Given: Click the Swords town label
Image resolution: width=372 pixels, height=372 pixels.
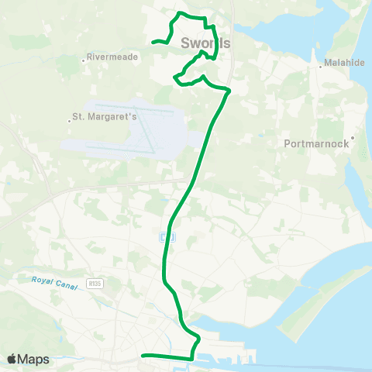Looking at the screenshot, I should point(205,43).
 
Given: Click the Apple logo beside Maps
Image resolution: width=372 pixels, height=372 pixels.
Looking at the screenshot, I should point(12,359).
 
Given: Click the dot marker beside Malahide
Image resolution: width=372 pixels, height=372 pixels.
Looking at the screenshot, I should point(321,66).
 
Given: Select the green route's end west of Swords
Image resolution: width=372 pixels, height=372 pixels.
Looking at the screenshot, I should point(153,42).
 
